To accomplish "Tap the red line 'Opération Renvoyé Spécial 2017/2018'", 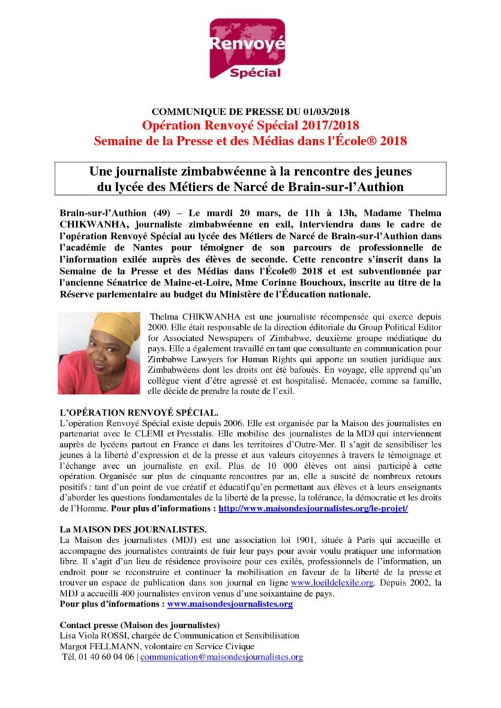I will click(250, 125).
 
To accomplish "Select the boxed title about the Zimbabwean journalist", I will click(250, 178).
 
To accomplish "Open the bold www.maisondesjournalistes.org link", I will click(230, 604).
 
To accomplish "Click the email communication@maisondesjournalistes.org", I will click(221, 657).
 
